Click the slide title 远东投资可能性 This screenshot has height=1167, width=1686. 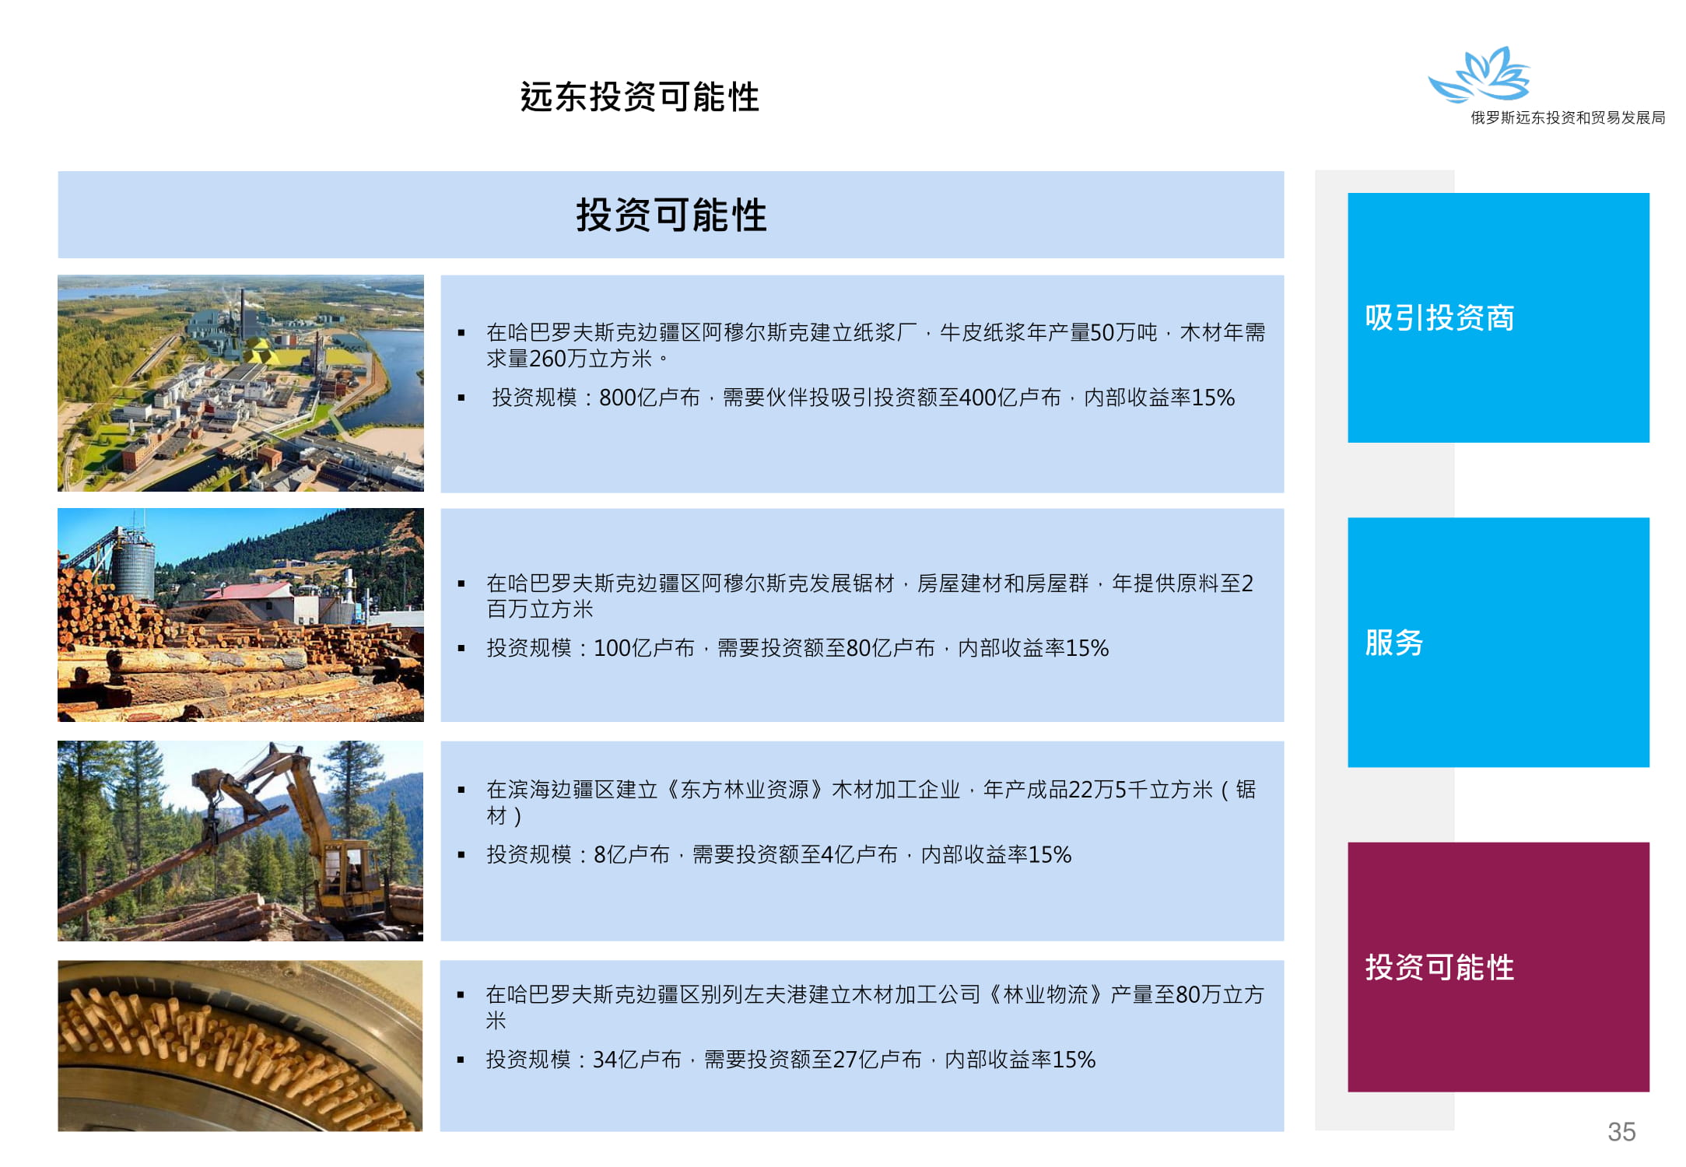coord(640,97)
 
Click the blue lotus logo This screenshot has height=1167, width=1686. coord(1479,75)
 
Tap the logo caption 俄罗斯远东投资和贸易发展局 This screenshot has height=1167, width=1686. coord(1567,117)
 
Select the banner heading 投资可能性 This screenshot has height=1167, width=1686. coord(671,215)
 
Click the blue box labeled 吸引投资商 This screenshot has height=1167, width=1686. coord(1498,317)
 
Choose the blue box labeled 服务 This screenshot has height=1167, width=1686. coord(1498,642)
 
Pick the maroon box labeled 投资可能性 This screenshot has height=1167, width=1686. coord(1498,967)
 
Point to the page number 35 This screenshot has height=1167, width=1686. coord(1621,1131)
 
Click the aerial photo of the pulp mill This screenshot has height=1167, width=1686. coord(240,383)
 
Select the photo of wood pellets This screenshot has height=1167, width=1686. coord(240,1046)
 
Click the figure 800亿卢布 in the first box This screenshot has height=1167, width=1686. coord(649,398)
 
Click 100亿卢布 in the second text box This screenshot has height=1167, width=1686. coord(643,648)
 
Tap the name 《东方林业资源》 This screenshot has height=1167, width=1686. coord(745,790)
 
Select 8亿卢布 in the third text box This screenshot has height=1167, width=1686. coord(631,854)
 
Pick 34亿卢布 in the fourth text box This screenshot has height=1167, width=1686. coord(636,1059)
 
